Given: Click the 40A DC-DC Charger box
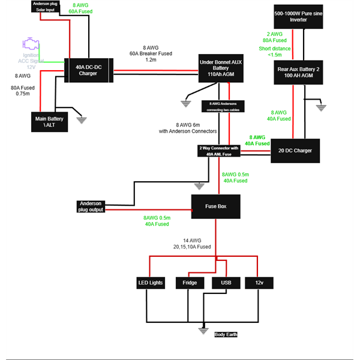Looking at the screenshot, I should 88,71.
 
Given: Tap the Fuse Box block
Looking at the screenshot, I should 216,206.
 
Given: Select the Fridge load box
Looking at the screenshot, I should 189,283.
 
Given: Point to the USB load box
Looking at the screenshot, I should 226,283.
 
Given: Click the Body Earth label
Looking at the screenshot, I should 226,334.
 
